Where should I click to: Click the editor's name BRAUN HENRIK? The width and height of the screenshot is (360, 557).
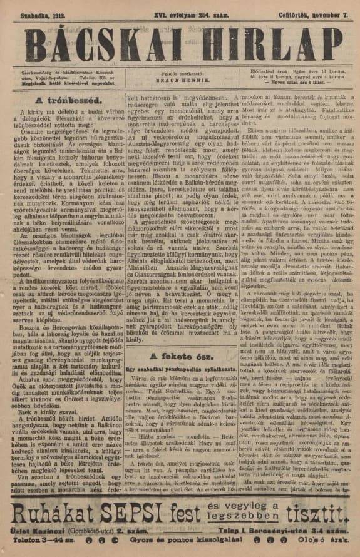pyautogui.click(x=180, y=81)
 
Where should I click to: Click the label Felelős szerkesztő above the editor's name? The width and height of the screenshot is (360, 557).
pyautogui.click(x=180, y=74)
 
